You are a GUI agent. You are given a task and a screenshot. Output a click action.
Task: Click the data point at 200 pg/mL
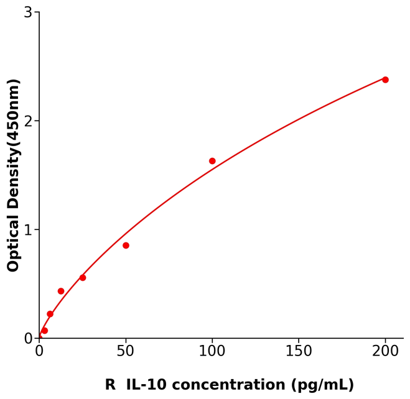point(385,80)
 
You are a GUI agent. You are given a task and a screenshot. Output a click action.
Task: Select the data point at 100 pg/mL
point(212,161)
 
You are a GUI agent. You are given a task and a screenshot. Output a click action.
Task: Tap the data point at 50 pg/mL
point(126,245)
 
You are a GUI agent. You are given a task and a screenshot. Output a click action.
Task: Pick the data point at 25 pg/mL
point(83,278)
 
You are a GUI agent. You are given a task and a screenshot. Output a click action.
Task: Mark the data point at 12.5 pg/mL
point(61,291)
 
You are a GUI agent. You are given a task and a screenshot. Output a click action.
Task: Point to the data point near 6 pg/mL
point(50,314)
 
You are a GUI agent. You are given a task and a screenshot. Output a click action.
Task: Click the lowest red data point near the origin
point(44,331)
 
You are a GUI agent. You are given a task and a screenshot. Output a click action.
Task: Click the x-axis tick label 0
point(39,352)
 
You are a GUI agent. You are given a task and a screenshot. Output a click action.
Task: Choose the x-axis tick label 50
point(126,352)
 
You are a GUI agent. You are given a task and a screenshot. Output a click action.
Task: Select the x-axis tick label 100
point(212,352)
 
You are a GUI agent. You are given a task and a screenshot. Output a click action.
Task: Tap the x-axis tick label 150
point(299,352)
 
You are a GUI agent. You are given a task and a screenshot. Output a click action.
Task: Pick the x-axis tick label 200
point(385,352)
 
